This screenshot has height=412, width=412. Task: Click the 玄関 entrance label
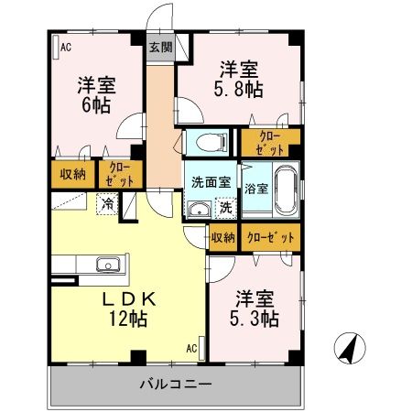pos(159,48)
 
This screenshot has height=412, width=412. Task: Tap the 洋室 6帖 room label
pos(94,94)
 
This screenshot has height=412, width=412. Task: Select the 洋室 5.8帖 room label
pos(237,78)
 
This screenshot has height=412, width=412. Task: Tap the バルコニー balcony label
pos(176,383)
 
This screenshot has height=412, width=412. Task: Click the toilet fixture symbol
pos(209,142)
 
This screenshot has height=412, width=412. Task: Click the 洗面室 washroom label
pos(210,181)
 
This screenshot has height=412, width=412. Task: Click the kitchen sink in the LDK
pos(107,266)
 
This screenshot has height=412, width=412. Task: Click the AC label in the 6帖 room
pos(65,47)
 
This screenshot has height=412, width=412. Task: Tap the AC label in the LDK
pos(191,348)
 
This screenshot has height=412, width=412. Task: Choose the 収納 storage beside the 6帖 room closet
pos(74,173)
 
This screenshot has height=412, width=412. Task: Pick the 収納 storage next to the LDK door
pos(222,237)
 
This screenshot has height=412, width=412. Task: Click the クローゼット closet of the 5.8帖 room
pos(270,142)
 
